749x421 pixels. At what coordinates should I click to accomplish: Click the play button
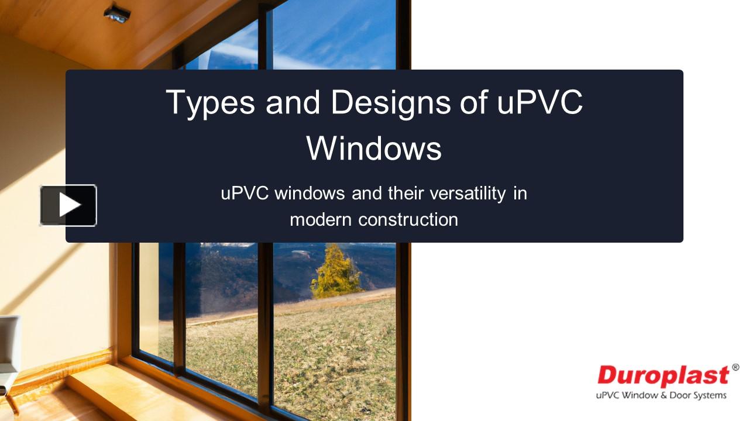68,205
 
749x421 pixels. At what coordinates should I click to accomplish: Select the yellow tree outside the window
336,272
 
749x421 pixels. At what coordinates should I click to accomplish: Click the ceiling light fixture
117,13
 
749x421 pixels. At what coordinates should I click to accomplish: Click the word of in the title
473,102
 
